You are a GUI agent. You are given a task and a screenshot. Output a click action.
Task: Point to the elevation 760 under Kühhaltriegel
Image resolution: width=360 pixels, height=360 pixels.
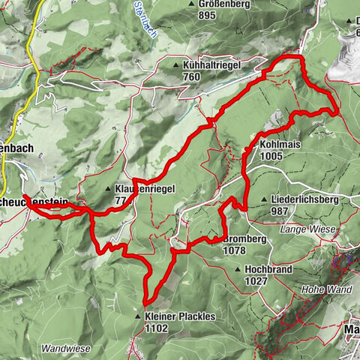190,76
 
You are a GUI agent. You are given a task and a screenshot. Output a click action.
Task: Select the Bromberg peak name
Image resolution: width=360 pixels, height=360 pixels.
245,239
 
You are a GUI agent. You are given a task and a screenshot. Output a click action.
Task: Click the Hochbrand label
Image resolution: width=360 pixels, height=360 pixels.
265,268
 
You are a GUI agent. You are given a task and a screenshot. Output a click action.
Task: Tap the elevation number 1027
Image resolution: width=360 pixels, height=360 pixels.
256,280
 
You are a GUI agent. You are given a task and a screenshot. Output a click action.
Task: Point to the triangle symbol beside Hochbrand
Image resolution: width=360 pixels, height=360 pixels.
238,268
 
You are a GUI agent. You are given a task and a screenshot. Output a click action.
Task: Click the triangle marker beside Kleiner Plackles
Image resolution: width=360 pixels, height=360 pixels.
139,316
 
